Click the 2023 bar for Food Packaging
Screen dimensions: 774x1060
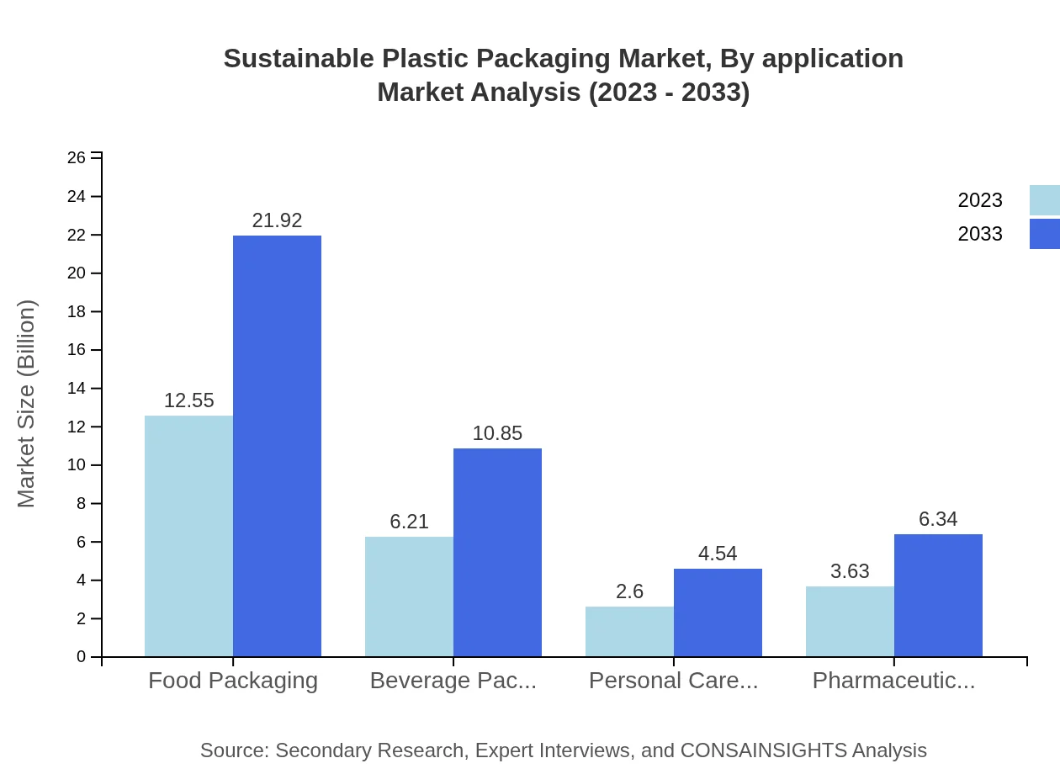[x=188, y=536]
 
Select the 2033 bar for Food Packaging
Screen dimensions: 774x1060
[x=277, y=446]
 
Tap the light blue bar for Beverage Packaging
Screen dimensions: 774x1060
[x=409, y=596]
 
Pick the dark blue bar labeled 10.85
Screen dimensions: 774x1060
[x=497, y=552]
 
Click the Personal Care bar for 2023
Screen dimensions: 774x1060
[x=629, y=631]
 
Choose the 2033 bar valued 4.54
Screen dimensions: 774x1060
[x=718, y=612]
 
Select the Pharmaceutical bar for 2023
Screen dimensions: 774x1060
[x=850, y=621]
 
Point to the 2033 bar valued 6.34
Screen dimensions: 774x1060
[x=938, y=595]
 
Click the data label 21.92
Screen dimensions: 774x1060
[x=277, y=220]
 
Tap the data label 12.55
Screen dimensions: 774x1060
[x=188, y=400]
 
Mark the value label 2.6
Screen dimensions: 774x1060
[x=629, y=591]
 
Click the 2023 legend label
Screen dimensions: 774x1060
[x=980, y=200]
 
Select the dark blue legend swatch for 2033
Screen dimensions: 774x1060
[x=1044, y=234]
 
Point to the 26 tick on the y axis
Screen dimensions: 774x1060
[x=77, y=158]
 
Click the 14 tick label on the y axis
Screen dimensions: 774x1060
[x=77, y=389]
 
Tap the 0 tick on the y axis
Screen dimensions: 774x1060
[x=81, y=657]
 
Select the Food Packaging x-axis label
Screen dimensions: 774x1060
[x=233, y=681]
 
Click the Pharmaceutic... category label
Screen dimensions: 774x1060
[x=893, y=681]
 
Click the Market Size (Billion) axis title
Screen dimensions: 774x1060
[x=27, y=404]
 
